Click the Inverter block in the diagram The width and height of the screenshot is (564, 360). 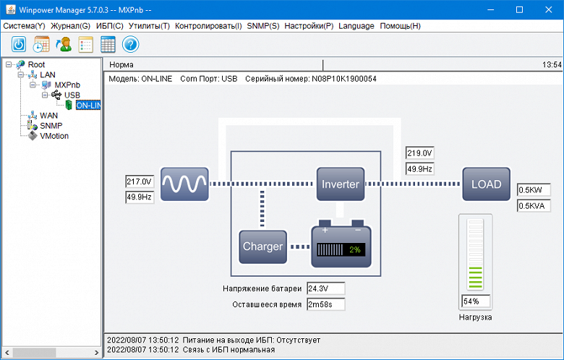(x=340, y=184)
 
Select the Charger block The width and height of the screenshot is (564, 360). (x=262, y=247)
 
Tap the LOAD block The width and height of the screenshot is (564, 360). (x=486, y=184)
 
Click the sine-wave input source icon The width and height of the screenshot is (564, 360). (x=184, y=184)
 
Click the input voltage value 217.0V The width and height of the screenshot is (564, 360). (x=140, y=181)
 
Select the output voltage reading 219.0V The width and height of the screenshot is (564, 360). (x=419, y=153)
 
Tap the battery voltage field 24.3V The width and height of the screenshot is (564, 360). (x=325, y=288)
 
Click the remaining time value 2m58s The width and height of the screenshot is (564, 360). (x=325, y=304)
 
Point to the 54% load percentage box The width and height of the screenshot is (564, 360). (x=475, y=301)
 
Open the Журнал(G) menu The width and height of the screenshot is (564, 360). (x=71, y=26)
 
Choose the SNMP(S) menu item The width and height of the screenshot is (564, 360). (x=262, y=26)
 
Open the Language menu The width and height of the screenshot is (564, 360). (x=356, y=26)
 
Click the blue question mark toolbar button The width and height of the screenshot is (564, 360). (x=131, y=44)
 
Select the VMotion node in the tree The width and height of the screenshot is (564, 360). (x=54, y=135)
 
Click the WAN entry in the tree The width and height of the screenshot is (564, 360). (x=48, y=115)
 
